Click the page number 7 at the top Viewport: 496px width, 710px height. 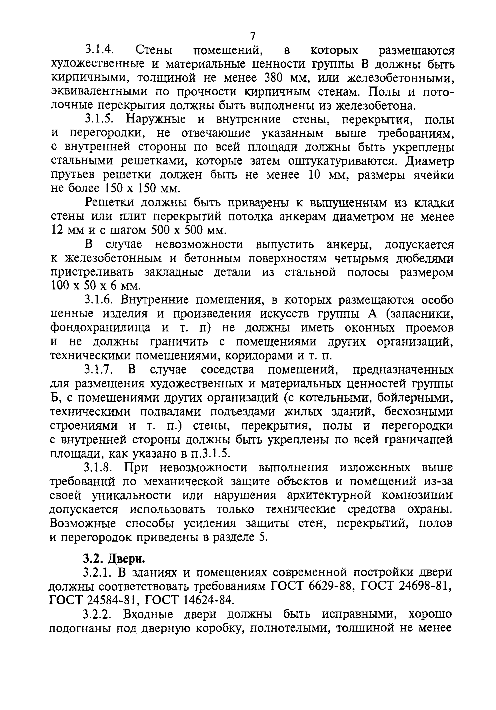point(252,36)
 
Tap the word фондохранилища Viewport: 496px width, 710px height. point(101,327)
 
